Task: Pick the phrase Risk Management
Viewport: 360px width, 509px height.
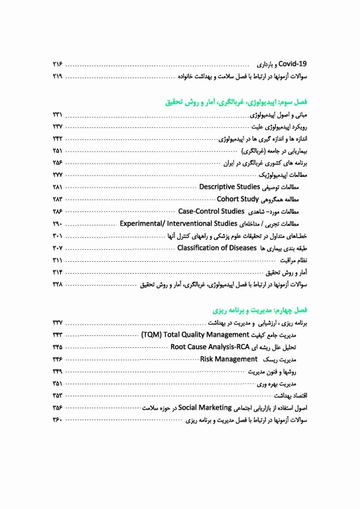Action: (229, 359)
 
